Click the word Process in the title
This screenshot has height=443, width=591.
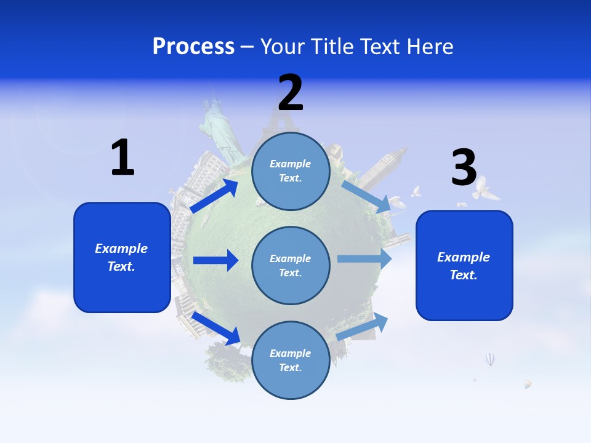(x=193, y=47)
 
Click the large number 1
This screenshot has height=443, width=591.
(x=123, y=158)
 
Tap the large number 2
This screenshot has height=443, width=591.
(x=291, y=92)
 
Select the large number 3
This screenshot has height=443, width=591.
(x=464, y=167)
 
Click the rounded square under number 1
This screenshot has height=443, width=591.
(x=122, y=257)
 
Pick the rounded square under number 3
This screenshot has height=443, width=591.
(x=464, y=265)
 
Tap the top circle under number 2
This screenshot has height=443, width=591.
(x=291, y=171)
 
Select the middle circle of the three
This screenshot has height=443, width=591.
(x=291, y=265)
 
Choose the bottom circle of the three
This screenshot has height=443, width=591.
(x=291, y=360)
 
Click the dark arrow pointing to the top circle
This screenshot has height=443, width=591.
(x=214, y=196)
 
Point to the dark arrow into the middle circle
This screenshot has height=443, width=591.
(x=215, y=260)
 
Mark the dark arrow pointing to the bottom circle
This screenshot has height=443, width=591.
(x=215, y=327)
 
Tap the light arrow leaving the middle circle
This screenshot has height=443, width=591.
(x=364, y=258)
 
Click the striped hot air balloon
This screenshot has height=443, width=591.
(x=490, y=359)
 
